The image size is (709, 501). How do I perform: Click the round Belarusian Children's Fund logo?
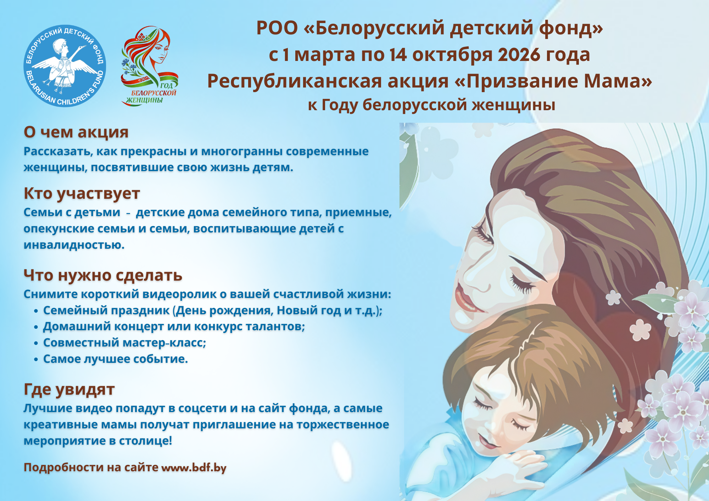point(65,66)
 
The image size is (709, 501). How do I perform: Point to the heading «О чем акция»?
point(76,132)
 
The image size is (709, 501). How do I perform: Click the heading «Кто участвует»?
point(82,193)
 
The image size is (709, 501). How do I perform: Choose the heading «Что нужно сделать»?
point(103,275)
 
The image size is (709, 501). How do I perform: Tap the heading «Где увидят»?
point(69,389)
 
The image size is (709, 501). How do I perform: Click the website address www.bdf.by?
point(194,467)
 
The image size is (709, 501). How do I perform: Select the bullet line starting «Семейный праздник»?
point(212,310)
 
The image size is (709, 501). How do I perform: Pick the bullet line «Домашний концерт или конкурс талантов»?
point(174,326)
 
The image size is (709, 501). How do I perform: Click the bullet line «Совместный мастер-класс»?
point(124,343)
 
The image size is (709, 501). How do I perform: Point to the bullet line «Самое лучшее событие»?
point(115,359)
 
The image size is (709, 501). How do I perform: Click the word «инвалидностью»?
point(74,245)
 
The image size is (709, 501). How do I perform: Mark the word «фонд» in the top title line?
point(570,28)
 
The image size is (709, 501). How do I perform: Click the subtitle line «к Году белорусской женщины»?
point(431,105)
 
